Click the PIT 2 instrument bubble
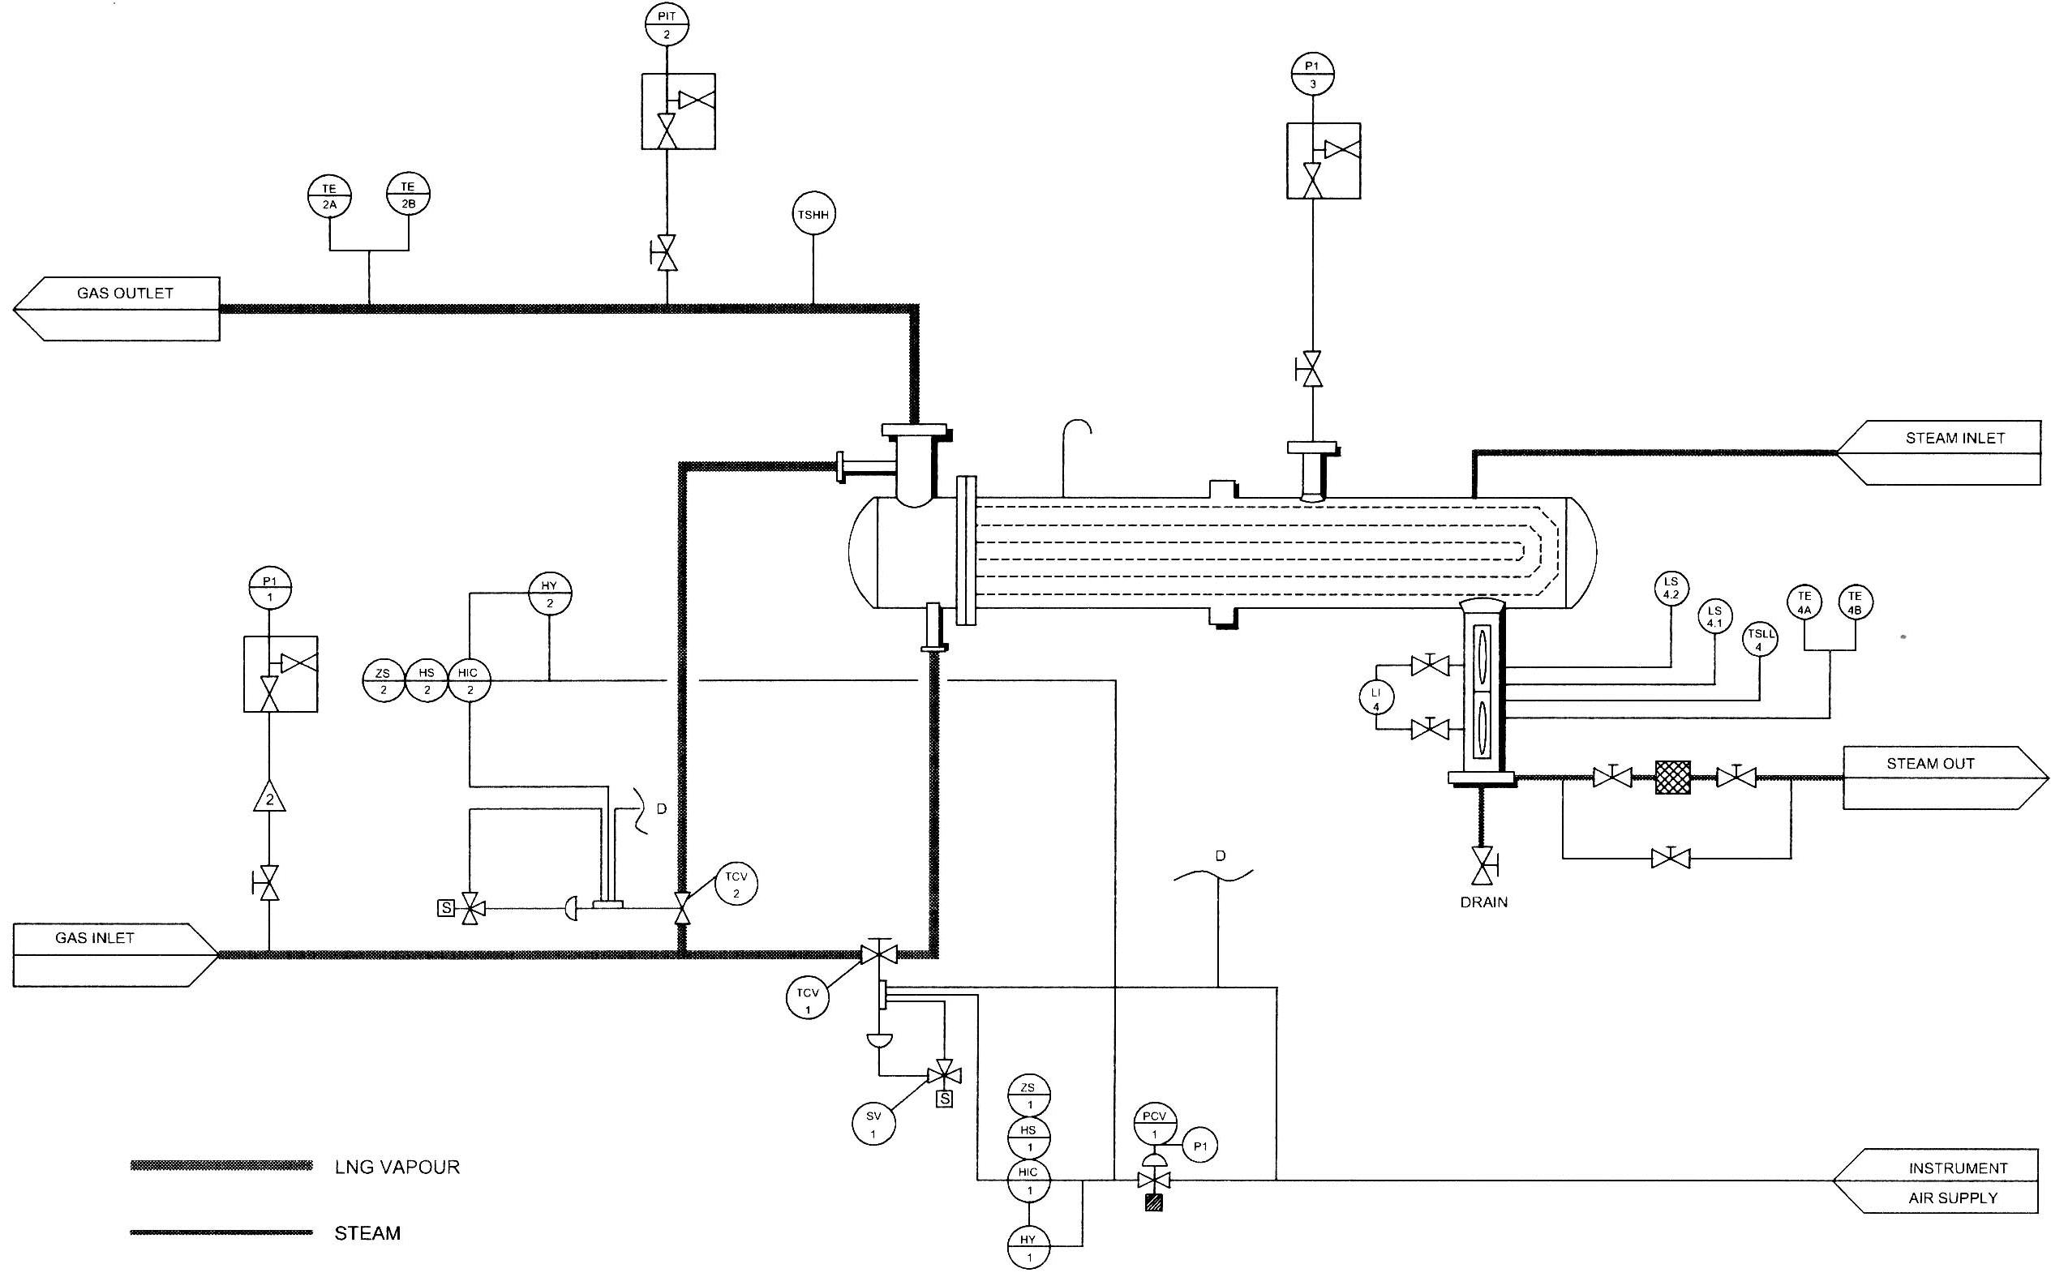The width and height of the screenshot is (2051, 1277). coord(667,24)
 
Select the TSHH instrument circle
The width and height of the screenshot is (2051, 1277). coord(813,215)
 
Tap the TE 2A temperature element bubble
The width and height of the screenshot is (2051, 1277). coord(329,196)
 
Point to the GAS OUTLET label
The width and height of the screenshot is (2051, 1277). coord(125,294)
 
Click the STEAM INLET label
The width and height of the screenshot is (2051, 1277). coord(1954,439)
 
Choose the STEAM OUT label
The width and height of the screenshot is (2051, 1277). coord(1930,764)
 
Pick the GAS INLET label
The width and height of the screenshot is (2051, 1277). coord(95,938)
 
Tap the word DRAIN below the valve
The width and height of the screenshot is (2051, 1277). coord(1483,902)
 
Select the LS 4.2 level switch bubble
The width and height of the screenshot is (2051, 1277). coord(1671,588)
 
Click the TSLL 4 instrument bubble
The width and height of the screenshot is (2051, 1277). coord(1760,640)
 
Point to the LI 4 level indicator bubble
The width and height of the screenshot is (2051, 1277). coord(1376,699)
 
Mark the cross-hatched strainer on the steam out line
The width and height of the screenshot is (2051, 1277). coord(1672,777)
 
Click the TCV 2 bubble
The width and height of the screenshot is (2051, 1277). coord(736,885)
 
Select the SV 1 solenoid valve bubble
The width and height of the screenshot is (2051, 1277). coord(873,1124)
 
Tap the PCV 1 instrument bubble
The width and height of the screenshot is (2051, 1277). coord(1154,1123)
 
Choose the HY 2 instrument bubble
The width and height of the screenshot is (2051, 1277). coord(550,594)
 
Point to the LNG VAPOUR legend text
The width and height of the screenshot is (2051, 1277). coord(397,1168)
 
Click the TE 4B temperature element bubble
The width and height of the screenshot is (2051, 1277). coord(1855,602)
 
